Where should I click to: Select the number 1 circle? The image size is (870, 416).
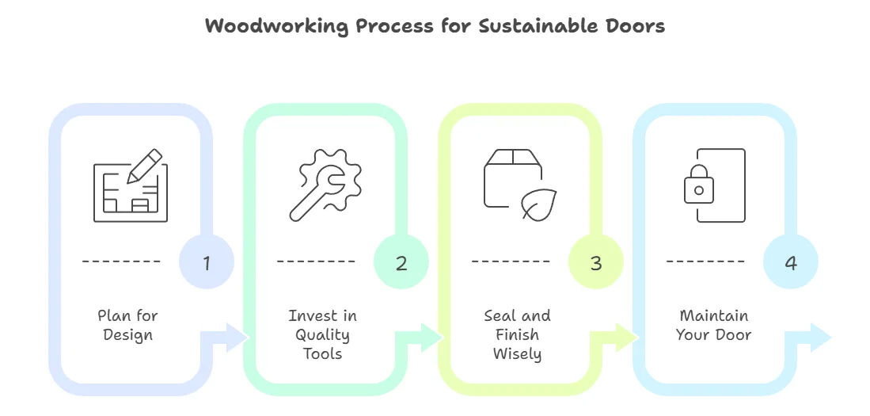[x=207, y=262]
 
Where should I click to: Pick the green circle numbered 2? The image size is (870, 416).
[x=401, y=262]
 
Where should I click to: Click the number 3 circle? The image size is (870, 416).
[x=596, y=262]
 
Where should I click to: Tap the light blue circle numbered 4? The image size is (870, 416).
[x=790, y=262]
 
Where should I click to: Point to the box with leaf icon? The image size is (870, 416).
[x=519, y=185]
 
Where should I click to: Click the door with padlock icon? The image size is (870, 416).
[x=715, y=185]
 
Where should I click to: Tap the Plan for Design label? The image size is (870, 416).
[x=127, y=325]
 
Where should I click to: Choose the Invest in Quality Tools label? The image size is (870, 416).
[x=323, y=334]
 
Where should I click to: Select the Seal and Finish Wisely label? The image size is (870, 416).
[x=517, y=334]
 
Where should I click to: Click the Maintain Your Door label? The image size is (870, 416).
[x=713, y=325]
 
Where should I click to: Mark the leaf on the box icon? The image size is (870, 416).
[x=539, y=204]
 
